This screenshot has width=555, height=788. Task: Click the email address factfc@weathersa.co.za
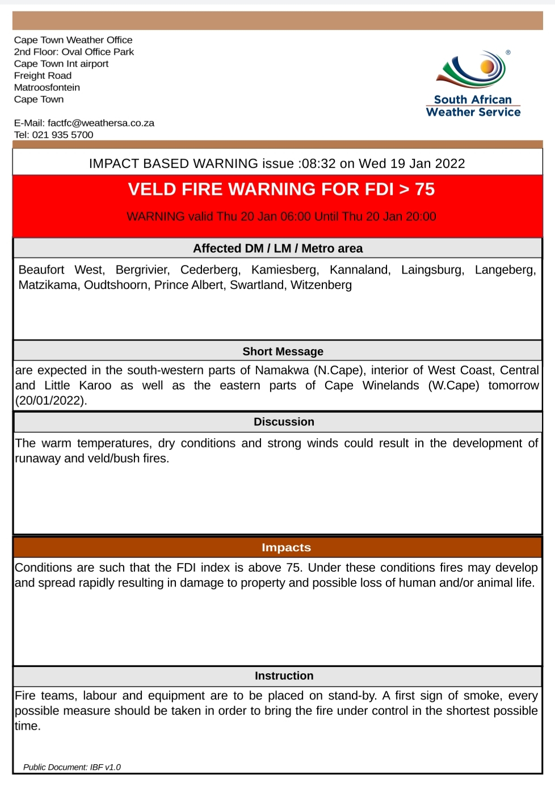click(x=100, y=123)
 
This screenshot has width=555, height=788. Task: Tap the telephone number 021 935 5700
click(x=62, y=135)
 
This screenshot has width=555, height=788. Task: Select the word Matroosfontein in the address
click(x=47, y=87)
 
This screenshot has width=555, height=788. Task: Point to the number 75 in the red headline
click(x=424, y=189)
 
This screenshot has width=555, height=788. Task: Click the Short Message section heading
click(x=283, y=351)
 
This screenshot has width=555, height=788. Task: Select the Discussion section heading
click(x=284, y=422)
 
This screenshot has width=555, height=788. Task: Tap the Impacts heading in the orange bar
click(x=286, y=547)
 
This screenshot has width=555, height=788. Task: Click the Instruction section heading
click(x=284, y=676)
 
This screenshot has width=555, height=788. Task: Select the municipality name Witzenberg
click(x=321, y=285)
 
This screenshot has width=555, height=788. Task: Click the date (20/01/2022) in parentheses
click(x=51, y=400)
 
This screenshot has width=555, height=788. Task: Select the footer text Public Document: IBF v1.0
click(x=72, y=767)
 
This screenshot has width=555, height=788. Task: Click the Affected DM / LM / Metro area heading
click(x=277, y=248)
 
